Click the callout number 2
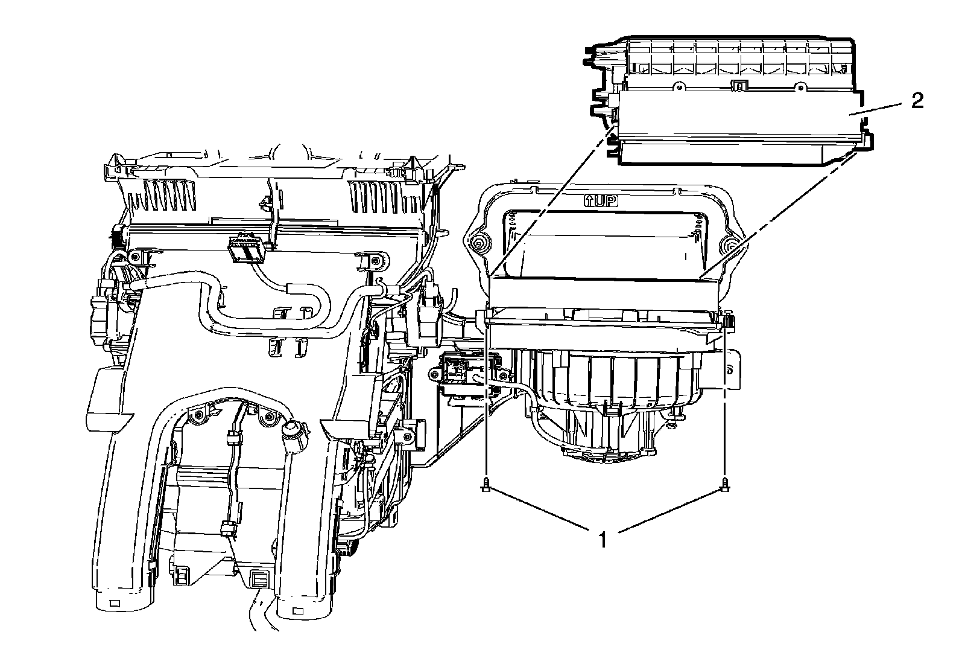pos(917,101)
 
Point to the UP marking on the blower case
pos(601,201)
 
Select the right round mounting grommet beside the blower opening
pos(730,244)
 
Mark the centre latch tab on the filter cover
pos(737,87)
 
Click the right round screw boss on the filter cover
pos(800,87)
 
